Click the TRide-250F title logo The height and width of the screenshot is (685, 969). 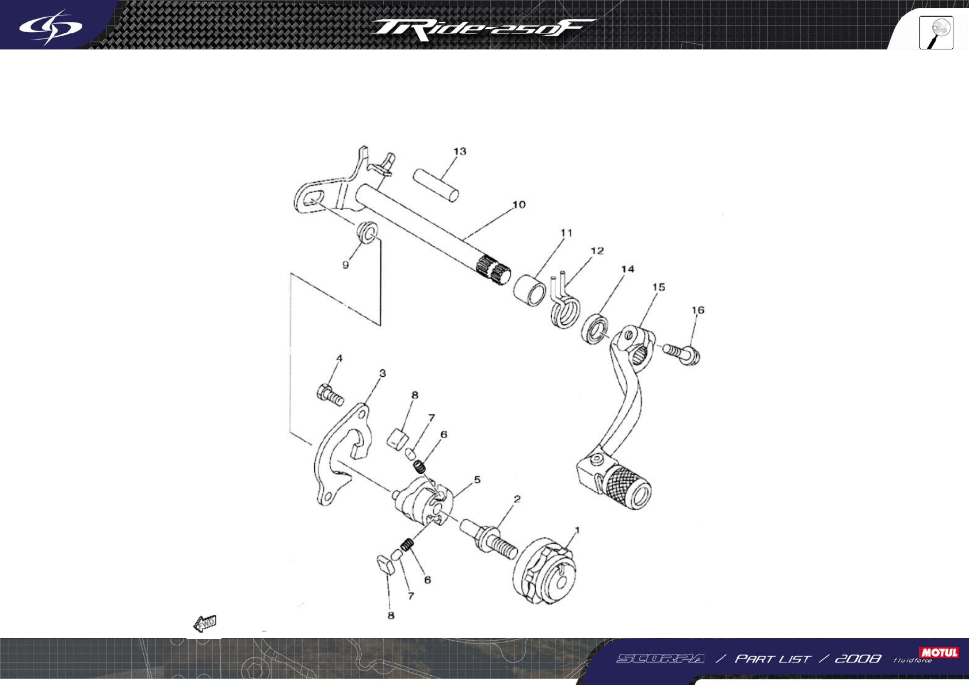click(x=482, y=29)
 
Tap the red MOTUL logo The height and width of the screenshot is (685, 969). click(x=939, y=652)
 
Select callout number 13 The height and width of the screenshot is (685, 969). click(x=460, y=151)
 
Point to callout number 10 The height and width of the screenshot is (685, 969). click(x=518, y=205)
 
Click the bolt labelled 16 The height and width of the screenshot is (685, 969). click(x=682, y=352)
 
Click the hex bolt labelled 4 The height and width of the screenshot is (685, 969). click(x=330, y=395)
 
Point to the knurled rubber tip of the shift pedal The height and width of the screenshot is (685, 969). click(x=627, y=483)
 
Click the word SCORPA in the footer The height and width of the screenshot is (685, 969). click(x=660, y=659)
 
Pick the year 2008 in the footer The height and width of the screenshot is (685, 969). click(x=857, y=659)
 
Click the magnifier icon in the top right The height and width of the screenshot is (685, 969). click(x=936, y=33)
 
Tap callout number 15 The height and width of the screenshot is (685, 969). click(x=658, y=287)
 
